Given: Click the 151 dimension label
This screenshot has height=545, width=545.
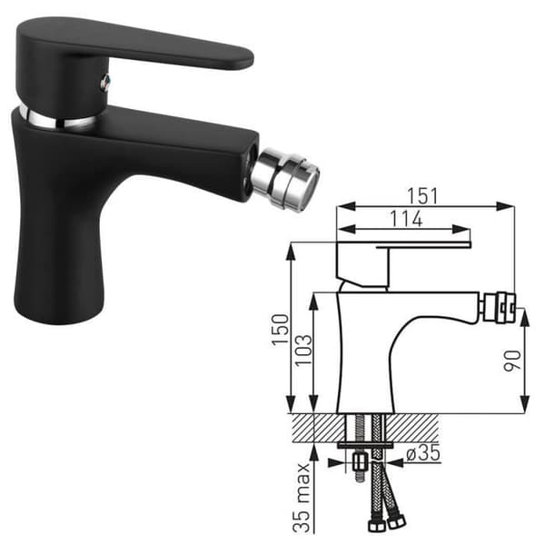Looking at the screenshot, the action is point(422,195).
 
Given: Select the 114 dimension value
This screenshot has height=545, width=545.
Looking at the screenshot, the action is point(406,219).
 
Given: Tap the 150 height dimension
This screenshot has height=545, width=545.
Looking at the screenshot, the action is point(280,330).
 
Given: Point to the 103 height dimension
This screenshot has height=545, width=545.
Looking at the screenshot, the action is point(303,350).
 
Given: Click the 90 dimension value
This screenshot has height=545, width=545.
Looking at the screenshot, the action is point(513,360).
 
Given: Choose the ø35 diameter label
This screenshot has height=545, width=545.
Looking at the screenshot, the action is point(423,453).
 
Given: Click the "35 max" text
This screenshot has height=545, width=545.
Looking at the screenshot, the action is point(301,498).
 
